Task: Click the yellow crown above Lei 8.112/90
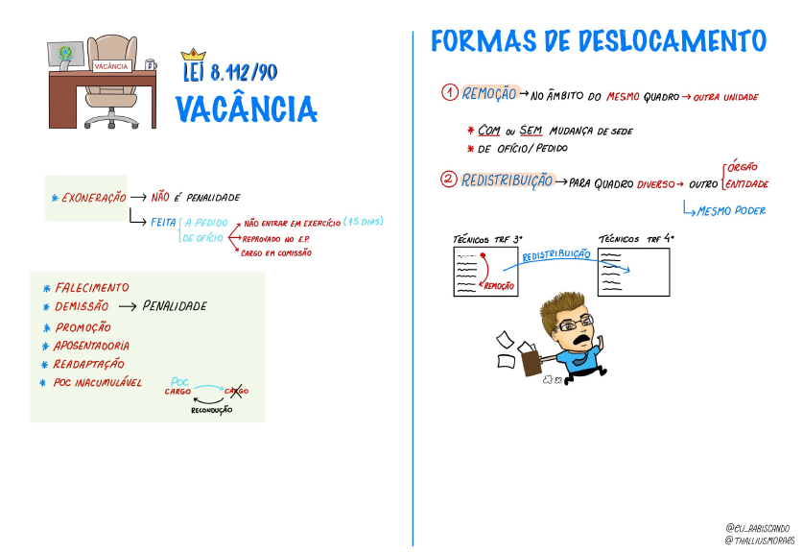pyautogui.click(x=193, y=55)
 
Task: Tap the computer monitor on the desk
pyautogui.click(x=65, y=56)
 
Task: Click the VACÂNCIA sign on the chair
pyautogui.click(x=111, y=66)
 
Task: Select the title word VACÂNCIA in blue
pyautogui.click(x=247, y=109)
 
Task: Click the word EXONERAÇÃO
pyautogui.click(x=94, y=198)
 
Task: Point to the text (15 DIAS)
pyautogui.click(x=363, y=222)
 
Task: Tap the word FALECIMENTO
pyautogui.click(x=92, y=288)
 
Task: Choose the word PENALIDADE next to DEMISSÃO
pyautogui.click(x=175, y=306)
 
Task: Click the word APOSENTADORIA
pyautogui.click(x=92, y=346)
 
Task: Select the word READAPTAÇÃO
pyautogui.click(x=89, y=364)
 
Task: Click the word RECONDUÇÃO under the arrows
pyautogui.click(x=211, y=410)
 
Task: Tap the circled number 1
pyautogui.click(x=450, y=93)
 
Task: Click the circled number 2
pyautogui.click(x=449, y=180)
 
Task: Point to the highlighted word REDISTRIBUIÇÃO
pyautogui.click(x=507, y=180)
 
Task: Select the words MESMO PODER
pyautogui.click(x=731, y=210)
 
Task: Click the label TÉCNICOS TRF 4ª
pyautogui.click(x=636, y=239)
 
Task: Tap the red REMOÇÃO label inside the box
pyautogui.click(x=499, y=286)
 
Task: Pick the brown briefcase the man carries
pyautogui.click(x=531, y=362)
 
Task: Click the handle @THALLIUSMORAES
pyautogui.click(x=760, y=540)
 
